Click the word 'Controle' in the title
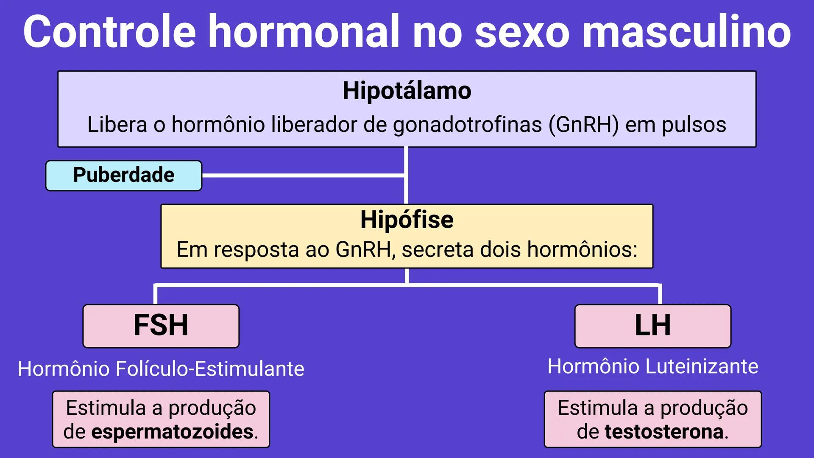pyautogui.click(x=109, y=32)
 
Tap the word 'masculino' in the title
pyautogui.click(x=687, y=32)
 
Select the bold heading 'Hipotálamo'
pyautogui.click(x=407, y=91)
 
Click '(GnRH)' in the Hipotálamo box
pyautogui.click(x=584, y=125)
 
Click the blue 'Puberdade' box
pyautogui.click(x=124, y=175)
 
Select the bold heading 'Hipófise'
pyautogui.click(x=407, y=220)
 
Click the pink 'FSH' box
pyautogui.click(x=161, y=326)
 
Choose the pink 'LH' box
pyautogui.click(x=652, y=326)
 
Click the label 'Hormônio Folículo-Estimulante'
pyautogui.click(x=161, y=369)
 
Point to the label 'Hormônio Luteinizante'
pyautogui.click(x=652, y=366)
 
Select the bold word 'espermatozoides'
pyautogui.click(x=172, y=432)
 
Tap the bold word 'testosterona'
pyautogui.click(x=664, y=432)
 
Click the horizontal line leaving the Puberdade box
pyautogui.click(x=303, y=175)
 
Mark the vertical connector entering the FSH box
pyautogui.click(x=156, y=295)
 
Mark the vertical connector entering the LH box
pyautogui.click(x=660, y=295)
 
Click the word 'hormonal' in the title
pyautogui.click(x=304, y=32)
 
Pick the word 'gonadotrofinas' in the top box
pyautogui.click(x=467, y=125)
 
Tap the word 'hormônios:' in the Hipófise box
pyautogui.click(x=582, y=249)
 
